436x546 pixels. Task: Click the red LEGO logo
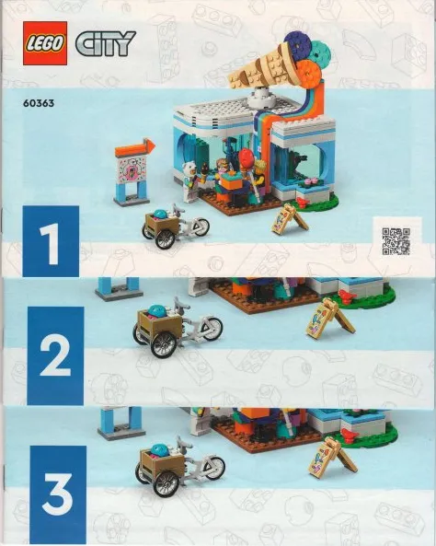tap(44, 42)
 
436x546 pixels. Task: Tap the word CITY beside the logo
tap(105, 43)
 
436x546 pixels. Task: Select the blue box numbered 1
tap(50, 241)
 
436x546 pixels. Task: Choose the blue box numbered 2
tap(54, 355)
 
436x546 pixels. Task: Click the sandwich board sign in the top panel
tap(289, 220)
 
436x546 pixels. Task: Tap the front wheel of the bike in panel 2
tap(211, 329)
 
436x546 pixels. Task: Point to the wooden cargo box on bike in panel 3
tap(157, 461)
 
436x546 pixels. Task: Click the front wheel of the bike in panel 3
tap(212, 468)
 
